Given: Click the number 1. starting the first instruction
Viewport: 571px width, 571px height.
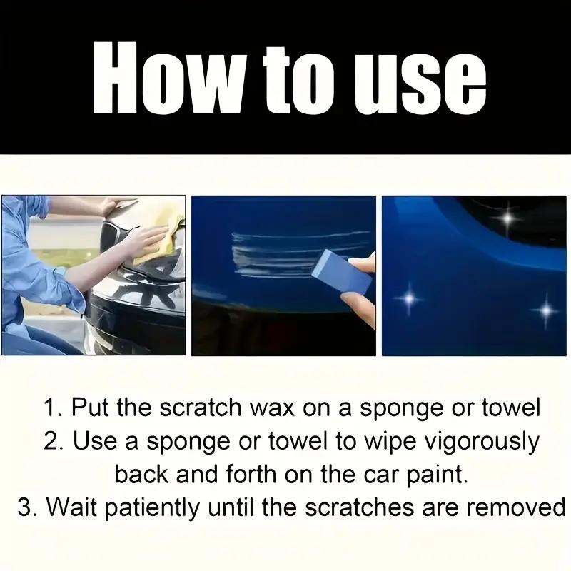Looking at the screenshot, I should point(53,409).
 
